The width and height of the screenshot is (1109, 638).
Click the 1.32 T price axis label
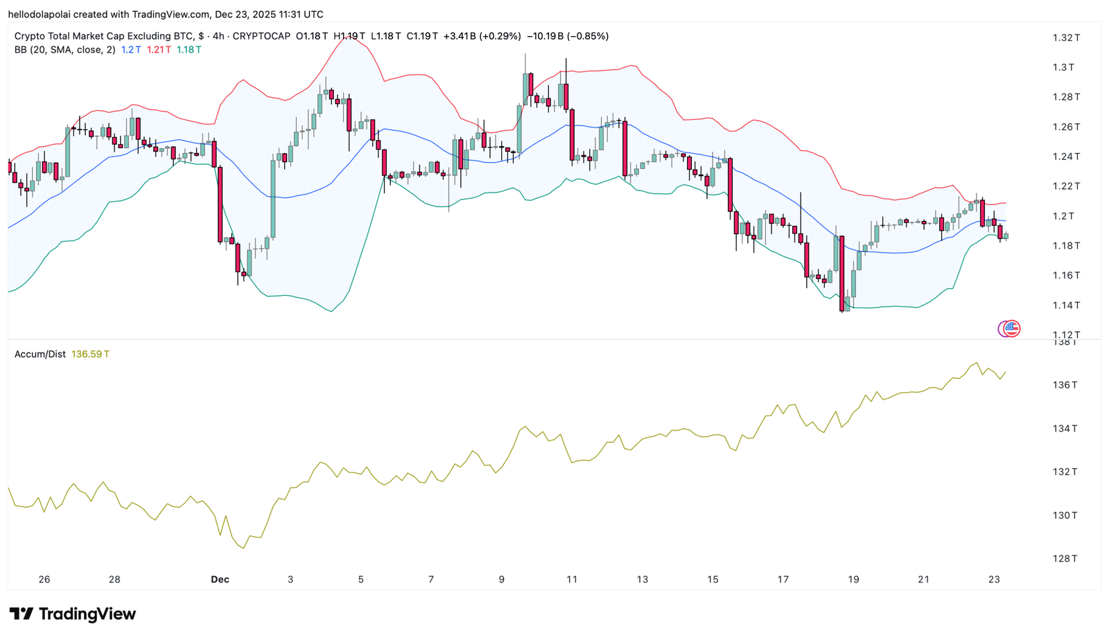tap(1066, 37)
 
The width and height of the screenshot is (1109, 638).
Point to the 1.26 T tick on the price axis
tap(1066, 127)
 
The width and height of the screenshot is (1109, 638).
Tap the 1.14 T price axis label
tap(1066, 305)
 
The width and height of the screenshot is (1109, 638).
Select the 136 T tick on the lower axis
tap(1065, 384)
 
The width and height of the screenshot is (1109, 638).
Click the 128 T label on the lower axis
tap(1065, 558)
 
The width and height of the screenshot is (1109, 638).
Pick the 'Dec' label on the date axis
tap(220, 579)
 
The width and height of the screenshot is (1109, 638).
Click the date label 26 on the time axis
tap(44, 579)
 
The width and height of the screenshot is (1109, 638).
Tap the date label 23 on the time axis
tap(994, 579)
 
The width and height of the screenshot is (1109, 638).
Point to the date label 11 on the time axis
tap(572, 579)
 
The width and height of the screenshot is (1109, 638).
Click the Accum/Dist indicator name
tap(40, 354)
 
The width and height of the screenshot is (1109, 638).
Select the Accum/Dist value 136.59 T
tap(91, 354)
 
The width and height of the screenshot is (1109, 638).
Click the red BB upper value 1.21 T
tap(159, 49)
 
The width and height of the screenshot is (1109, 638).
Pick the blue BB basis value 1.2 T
tap(131, 49)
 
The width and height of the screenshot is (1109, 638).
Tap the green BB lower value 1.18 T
tap(189, 49)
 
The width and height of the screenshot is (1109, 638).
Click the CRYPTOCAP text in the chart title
tap(261, 36)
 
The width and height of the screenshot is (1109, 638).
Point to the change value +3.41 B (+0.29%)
tap(482, 36)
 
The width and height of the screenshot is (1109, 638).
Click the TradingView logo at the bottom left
tap(73, 614)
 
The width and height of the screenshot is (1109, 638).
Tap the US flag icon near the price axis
tap(1011, 328)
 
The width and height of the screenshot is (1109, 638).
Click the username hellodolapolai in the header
tap(40, 15)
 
